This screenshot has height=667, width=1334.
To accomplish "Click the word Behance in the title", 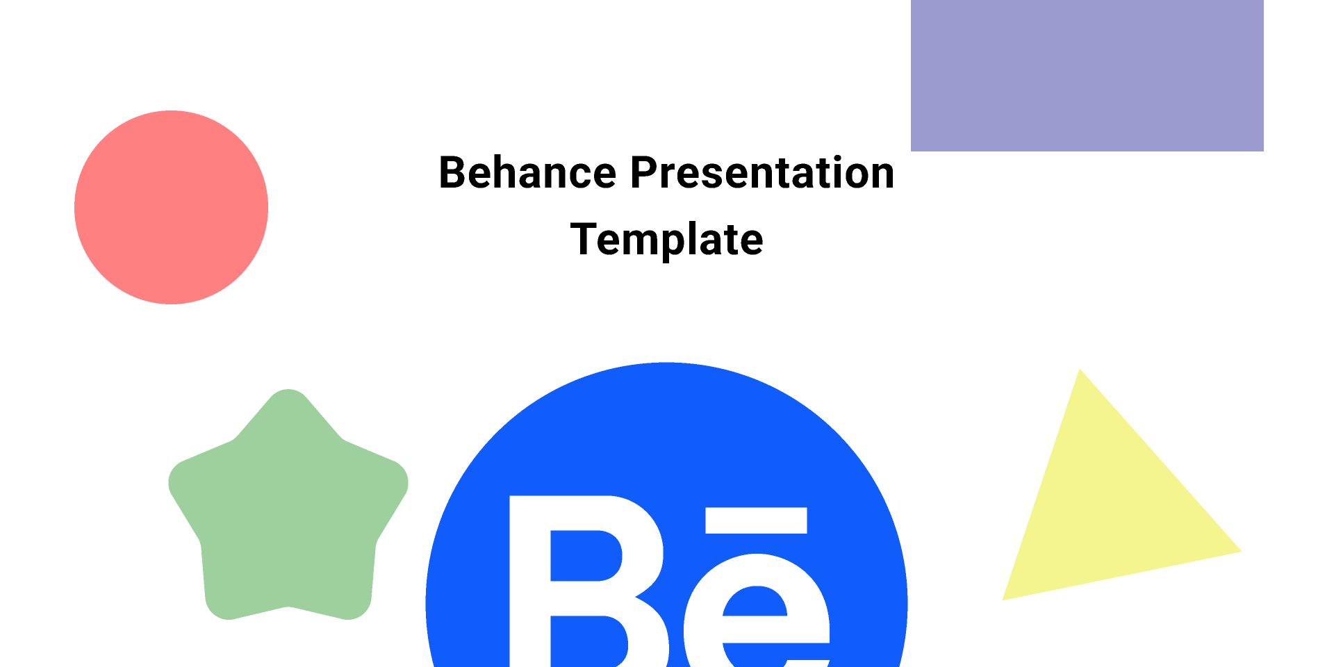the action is tap(528, 172).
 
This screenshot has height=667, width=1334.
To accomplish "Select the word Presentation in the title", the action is tap(762, 172).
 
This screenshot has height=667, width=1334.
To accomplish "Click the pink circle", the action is tap(171, 207).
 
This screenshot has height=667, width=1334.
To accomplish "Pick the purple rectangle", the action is tap(1087, 75).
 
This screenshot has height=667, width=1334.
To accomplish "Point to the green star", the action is tap(288, 507).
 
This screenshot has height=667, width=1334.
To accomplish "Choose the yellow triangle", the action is tap(1112, 500).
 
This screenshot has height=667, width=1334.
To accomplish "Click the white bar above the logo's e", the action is tap(756, 520).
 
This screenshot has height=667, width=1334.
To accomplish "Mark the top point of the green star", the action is tap(288, 390).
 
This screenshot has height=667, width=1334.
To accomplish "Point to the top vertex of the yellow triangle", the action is tap(1080, 369).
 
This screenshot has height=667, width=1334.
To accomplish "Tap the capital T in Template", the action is tap(585, 239).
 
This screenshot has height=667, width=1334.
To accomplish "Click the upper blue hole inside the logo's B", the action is tap(585, 556).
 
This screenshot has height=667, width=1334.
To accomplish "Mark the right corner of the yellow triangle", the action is tap(1241, 552).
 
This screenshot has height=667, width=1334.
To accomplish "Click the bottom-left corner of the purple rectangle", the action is tap(911, 151).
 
